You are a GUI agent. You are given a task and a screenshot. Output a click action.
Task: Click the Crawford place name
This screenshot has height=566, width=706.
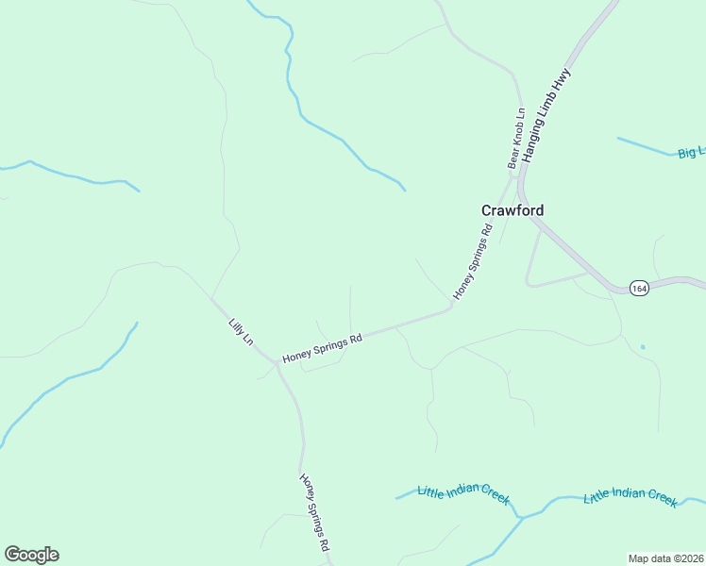pyautogui.click(x=513, y=210)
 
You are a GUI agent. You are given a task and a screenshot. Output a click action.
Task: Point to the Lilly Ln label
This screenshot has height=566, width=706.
pyautogui.click(x=241, y=331)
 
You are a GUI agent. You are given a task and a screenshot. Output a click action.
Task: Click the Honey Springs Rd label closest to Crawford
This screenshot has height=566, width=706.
pyautogui.click(x=474, y=261)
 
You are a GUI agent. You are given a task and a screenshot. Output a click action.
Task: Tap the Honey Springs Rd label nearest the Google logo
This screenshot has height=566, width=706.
pyautogui.click(x=314, y=511)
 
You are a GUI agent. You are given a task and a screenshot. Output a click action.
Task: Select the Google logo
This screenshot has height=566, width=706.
pyautogui.click(x=31, y=555)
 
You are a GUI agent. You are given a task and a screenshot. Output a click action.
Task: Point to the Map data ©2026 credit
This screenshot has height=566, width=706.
pyautogui.click(x=666, y=558)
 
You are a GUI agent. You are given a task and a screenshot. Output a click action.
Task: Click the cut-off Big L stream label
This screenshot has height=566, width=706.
pyautogui.click(x=691, y=151)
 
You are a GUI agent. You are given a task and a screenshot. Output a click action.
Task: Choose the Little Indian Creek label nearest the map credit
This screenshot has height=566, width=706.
pyautogui.click(x=630, y=498)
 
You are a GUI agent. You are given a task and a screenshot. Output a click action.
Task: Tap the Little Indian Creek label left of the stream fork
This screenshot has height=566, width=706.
pyautogui.click(x=463, y=491)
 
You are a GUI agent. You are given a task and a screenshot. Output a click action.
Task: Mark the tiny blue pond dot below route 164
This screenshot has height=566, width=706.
pyautogui.click(x=642, y=347)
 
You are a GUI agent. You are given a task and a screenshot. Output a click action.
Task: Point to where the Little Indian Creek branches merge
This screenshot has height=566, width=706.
pyautogui.click(x=520, y=517)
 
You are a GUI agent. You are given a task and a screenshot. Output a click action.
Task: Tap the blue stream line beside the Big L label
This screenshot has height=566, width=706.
pyautogui.click(x=647, y=146)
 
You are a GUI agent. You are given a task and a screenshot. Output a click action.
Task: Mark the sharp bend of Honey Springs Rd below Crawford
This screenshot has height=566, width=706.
pyautogui.click(x=450, y=307)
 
